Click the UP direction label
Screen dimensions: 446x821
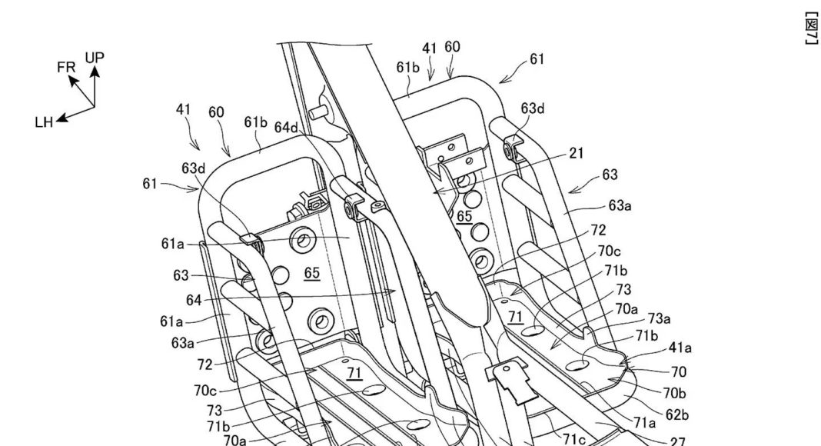pos(95,57)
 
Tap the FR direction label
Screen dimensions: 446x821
pos(66,68)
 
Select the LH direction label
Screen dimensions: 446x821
pos(44,121)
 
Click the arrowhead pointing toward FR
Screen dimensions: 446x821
pos(75,79)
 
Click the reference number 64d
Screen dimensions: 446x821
pos(286,127)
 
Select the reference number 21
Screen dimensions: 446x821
pos(576,154)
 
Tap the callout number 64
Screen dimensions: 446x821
pos(194,300)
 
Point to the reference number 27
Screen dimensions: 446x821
pos(677,441)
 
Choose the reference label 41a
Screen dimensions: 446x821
pos(680,348)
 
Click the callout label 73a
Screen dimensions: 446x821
pos(659,318)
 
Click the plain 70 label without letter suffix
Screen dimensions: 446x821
pos(678,372)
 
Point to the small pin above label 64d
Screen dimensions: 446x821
pos(314,111)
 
